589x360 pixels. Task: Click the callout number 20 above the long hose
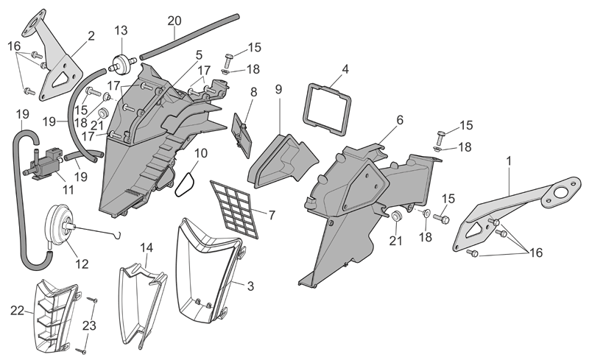(174, 21)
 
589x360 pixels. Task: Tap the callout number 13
(121, 30)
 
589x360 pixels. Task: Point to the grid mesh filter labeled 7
(234, 209)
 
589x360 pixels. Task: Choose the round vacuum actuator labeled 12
(60, 225)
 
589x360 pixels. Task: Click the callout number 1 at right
(509, 160)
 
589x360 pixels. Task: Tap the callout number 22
(17, 311)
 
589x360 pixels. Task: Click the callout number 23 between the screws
(89, 325)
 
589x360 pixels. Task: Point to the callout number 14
(147, 247)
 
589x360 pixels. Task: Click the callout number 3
(250, 286)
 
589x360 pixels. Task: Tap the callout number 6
(400, 120)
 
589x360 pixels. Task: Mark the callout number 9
(278, 89)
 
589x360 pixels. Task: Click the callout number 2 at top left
(91, 36)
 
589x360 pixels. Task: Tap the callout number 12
(82, 264)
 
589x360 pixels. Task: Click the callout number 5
(199, 55)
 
